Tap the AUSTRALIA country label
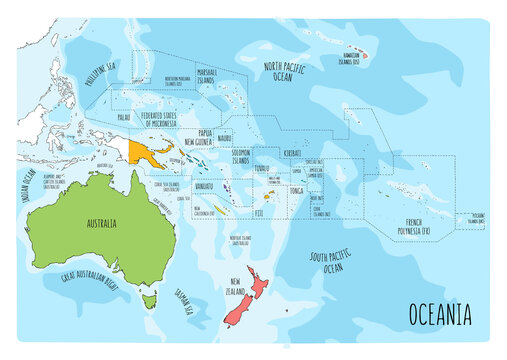88,222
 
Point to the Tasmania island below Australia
151,298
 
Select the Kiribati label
295,153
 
